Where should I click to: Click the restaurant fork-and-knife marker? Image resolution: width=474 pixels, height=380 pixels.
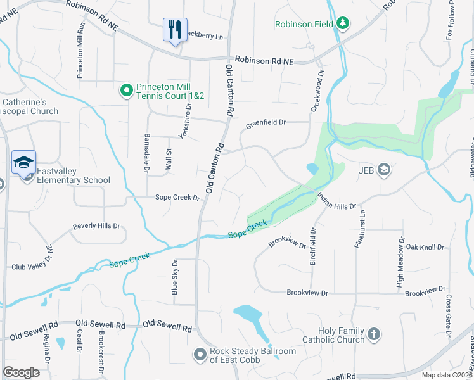pyautogui.click(x=175, y=29)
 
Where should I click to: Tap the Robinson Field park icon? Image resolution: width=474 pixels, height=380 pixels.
pyautogui.click(x=343, y=24)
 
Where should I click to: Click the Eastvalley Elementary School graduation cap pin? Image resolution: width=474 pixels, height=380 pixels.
pyautogui.click(x=23, y=162)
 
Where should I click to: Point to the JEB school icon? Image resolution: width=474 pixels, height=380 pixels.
pyautogui.click(x=383, y=169)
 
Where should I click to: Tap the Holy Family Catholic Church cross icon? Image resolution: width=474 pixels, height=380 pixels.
pyautogui.click(x=374, y=334)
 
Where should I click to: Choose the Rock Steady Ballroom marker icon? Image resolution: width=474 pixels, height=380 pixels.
pyautogui.click(x=200, y=355)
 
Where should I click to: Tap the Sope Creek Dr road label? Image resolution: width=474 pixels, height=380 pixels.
pyautogui.click(x=177, y=198)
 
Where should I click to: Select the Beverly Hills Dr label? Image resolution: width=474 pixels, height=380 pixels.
pyautogui.click(x=96, y=226)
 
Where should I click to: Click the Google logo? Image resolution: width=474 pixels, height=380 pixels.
pyautogui.click(x=22, y=372)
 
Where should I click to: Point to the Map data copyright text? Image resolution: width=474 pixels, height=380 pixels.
pyautogui.click(x=446, y=375)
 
